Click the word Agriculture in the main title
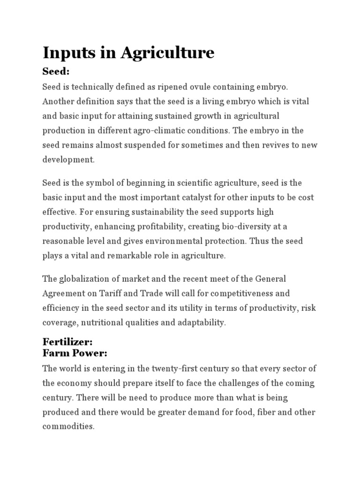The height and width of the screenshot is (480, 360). click(167, 52)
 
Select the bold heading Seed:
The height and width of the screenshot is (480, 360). click(56, 72)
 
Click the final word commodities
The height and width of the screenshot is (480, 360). click(68, 427)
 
